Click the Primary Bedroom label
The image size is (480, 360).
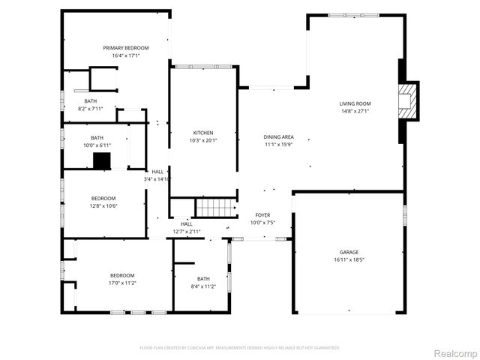(126, 48)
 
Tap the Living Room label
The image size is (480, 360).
(355, 104)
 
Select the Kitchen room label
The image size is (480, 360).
(202, 133)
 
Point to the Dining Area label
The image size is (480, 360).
(278, 137)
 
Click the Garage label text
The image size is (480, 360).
(349, 253)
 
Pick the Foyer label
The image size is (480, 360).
(262, 215)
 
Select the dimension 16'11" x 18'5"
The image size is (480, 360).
(349, 260)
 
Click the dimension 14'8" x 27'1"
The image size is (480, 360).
(355, 112)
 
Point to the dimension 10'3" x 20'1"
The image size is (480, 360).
(202, 140)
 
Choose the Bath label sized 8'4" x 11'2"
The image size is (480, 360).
(203, 279)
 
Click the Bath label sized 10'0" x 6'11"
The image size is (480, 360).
(97, 137)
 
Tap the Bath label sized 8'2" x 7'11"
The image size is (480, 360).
(90, 101)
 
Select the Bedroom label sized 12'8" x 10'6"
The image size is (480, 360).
(103, 198)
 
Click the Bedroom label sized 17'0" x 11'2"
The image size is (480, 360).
(122, 275)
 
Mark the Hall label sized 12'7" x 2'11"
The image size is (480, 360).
(186, 224)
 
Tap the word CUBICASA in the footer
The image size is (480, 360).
(194, 348)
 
